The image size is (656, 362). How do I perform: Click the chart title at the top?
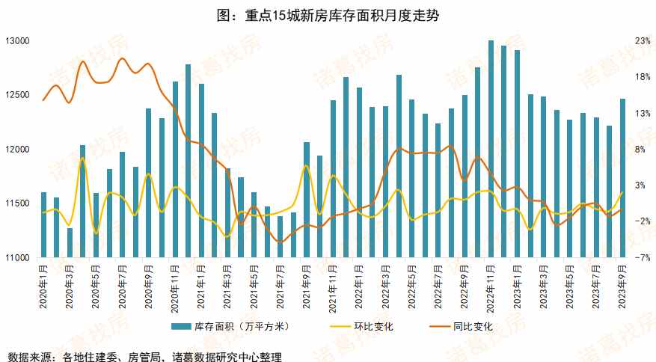point(328,15)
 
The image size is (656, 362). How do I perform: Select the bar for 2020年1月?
point(43,224)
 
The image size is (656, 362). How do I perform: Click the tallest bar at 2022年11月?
point(491,150)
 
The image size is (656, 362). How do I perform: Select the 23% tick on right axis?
point(641,41)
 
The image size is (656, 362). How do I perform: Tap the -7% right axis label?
point(641,258)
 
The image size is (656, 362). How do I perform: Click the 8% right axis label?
point(641,150)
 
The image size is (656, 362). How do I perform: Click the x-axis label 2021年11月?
point(334,287)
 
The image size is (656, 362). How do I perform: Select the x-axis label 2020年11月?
point(175,287)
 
